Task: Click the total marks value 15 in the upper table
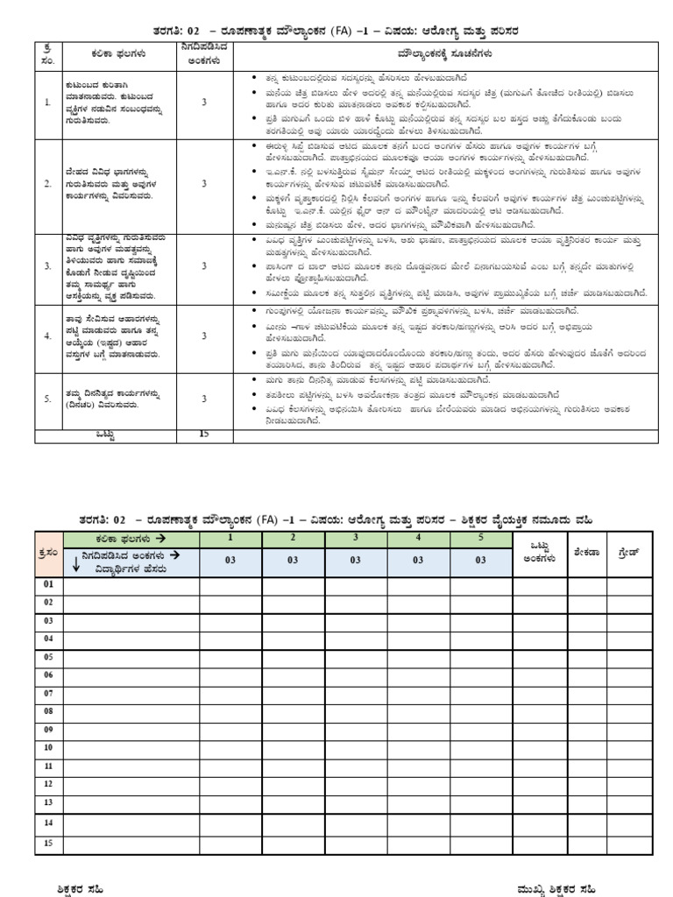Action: (x=204, y=434)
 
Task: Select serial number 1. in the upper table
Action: (x=47, y=102)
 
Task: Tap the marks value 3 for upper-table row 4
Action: (x=204, y=335)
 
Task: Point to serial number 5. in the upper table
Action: (x=47, y=399)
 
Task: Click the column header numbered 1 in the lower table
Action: (x=230, y=538)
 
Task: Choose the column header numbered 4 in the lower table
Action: (x=418, y=538)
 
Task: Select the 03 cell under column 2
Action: (x=292, y=561)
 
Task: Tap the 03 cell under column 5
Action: (x=480, y=561)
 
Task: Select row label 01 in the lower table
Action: (x=49, y=584)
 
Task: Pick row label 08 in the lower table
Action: (x=49, y=711)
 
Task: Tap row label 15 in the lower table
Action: (x=49, y=844)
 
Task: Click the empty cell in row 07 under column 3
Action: (x=355, y=693)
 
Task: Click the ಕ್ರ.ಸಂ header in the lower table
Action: (x=49, y=554)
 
